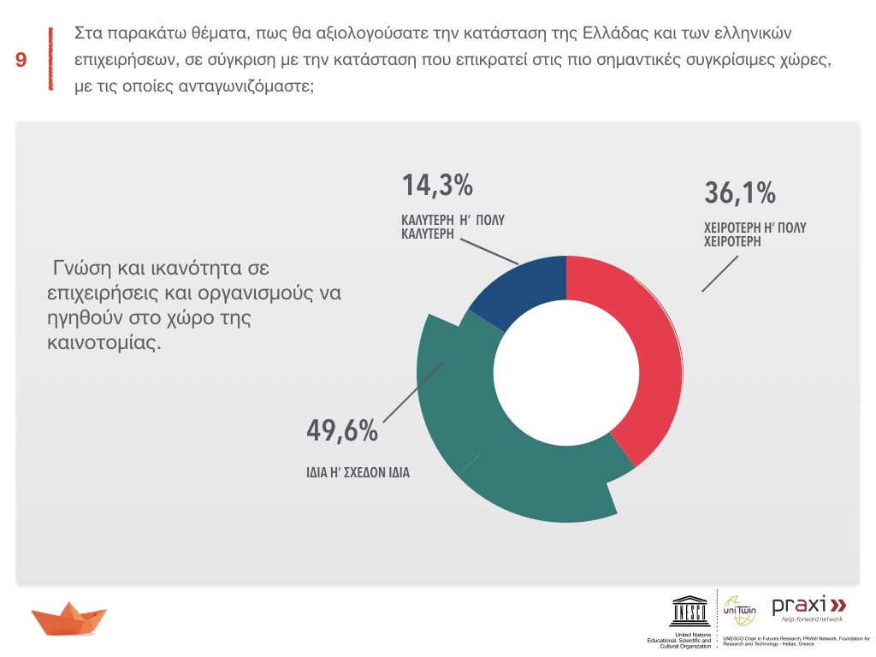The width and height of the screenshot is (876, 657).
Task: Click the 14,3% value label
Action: (437, 186)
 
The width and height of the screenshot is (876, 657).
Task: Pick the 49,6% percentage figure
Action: (342, 432)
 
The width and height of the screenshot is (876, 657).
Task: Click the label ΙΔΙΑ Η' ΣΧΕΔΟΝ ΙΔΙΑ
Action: (358, 471)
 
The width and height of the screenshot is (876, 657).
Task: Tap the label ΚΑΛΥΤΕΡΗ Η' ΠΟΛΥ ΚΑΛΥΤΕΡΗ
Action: (453, 226)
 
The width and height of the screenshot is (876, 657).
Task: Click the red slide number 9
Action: (21, 60)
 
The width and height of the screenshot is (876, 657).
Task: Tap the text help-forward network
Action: (807, 619)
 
